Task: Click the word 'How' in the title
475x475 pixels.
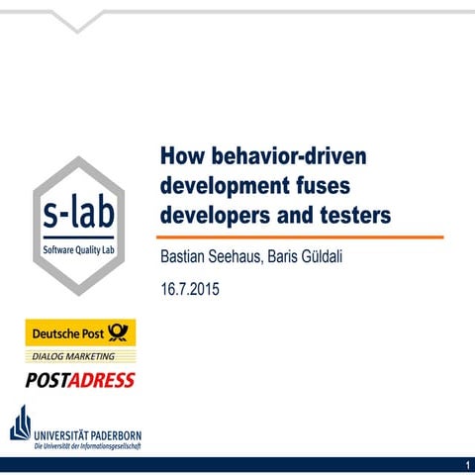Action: point(182,158)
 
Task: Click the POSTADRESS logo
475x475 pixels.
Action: point(80,379)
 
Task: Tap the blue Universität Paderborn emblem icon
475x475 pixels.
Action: point(21,423)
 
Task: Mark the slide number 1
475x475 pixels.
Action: point(465,465)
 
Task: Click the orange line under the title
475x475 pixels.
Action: point(302,237)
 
